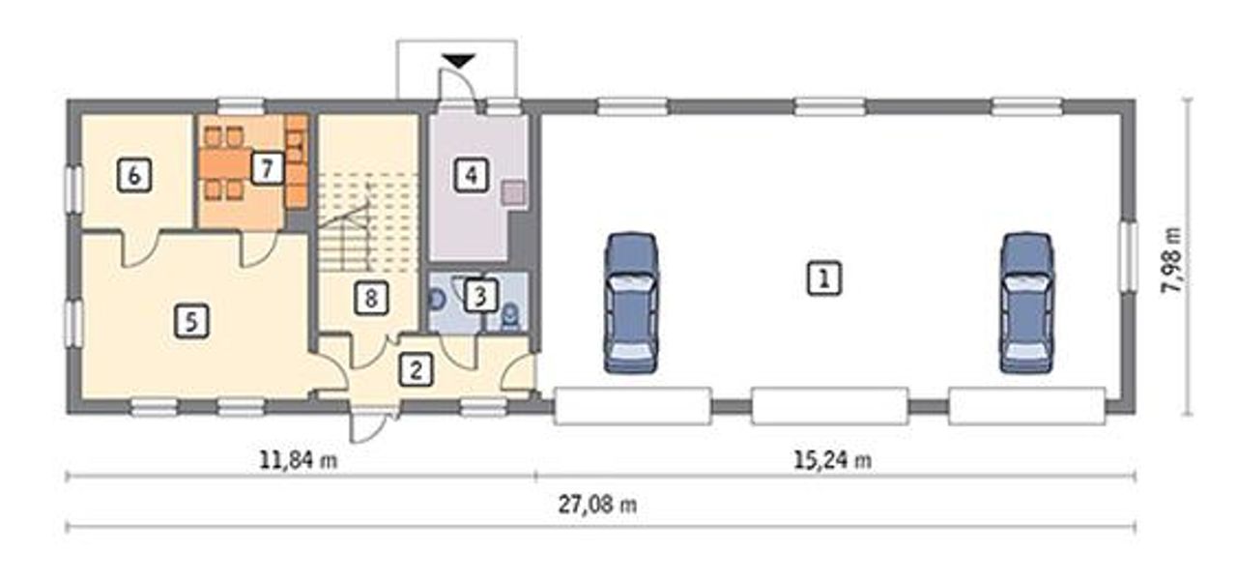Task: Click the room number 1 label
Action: tap(824, 278)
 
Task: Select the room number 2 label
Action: tap(416, 369)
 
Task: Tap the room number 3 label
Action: tap(480, 296)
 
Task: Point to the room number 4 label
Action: tap(471, 175)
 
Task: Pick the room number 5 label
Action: tap(191, 321)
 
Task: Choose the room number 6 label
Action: tap(134, 175)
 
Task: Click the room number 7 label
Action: tap(268, 167)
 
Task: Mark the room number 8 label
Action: tap(370, 298)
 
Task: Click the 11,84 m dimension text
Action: tap(299, 459)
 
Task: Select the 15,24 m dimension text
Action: tap(833, 459)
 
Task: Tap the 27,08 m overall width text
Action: tap(597, 505)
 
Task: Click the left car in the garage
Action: tap(631, 302)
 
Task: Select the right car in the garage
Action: tap(1026, 302)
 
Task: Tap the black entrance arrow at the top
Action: tap(458, 60)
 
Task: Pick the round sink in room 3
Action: tap(437, 299)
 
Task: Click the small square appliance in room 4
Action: tap(513, 193)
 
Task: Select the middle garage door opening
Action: tap(830, 406)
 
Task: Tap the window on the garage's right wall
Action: tap(1128, 256)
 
